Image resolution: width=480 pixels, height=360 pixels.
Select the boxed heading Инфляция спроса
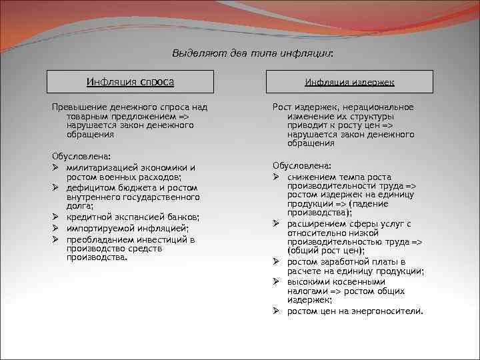(x=130, y=81)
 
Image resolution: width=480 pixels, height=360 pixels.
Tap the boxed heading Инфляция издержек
(x=349, y=81)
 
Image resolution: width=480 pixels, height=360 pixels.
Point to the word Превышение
(x=76, y=107)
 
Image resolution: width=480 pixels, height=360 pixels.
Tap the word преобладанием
(x=98, y=239)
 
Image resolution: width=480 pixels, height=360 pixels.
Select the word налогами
(x=306, y=291)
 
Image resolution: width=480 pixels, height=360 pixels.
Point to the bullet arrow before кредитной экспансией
(x=57, y=217)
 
